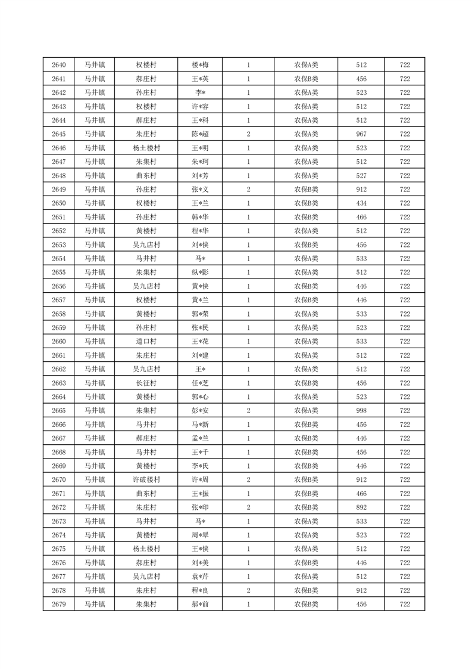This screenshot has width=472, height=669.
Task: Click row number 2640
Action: (59, 65)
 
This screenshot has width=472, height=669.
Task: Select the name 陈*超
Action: (200, 134)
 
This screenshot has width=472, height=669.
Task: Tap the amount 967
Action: (361, 134)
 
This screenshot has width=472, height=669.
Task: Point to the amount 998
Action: (361, 411)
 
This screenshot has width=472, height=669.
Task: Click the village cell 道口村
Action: (146, 342)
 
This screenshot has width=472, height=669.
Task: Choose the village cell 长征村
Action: (146, 383)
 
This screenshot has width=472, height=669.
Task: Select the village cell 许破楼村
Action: (146, 480)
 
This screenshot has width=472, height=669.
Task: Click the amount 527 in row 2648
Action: (361, 176)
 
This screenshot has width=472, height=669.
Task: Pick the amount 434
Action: (361, 203)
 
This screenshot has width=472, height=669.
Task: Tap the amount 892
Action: (361, 507)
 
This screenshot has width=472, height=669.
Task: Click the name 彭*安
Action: (200, 411)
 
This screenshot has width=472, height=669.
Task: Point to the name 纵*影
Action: (200, 272)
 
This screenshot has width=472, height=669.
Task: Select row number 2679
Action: (59, 605)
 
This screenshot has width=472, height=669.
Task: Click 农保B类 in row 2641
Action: (306, 79)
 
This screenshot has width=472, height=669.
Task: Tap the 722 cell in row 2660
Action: (405, 342)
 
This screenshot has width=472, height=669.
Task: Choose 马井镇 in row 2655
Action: (94, 272)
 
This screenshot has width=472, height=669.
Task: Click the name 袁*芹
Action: (200, 577)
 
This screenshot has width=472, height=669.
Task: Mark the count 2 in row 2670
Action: (248, 480)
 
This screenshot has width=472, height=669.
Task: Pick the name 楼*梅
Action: (200, 65)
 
